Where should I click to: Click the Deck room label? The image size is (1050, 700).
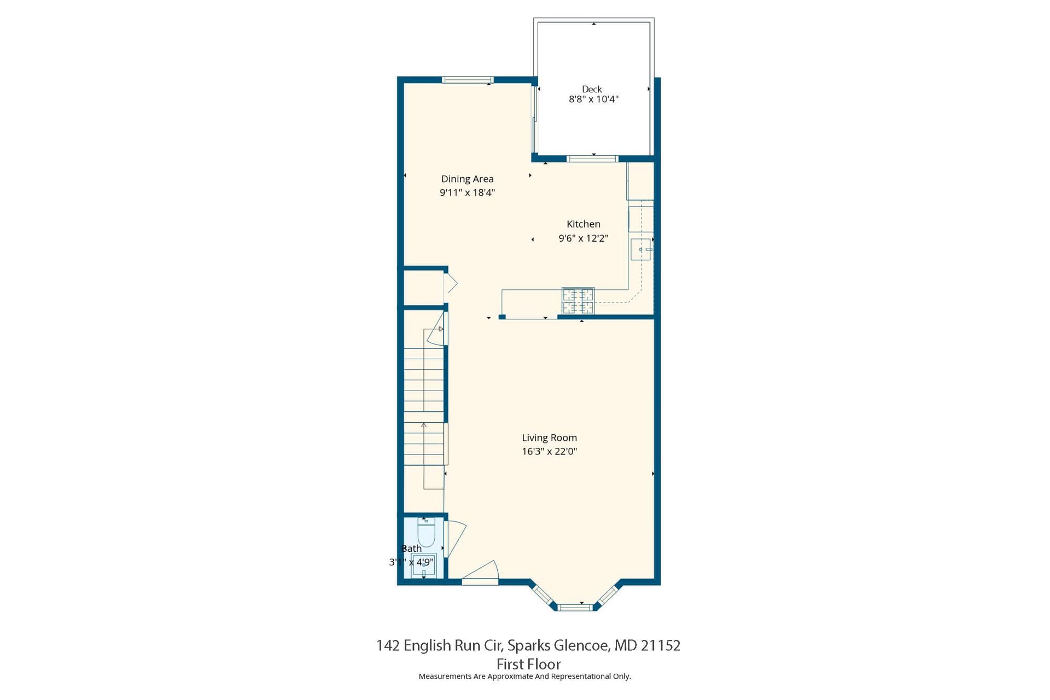592,89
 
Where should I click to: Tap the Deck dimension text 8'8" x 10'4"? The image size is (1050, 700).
593,100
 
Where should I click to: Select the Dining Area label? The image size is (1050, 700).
467,179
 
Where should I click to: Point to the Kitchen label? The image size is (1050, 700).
584,224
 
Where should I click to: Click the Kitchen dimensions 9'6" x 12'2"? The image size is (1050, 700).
584,238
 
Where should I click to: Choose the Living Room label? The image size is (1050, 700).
549,437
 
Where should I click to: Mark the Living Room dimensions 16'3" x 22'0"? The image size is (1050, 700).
549,451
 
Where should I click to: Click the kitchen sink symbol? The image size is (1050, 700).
641,249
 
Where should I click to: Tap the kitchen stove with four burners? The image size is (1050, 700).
578,301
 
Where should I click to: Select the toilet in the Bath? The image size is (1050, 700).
426,532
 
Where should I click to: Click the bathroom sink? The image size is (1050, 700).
424,565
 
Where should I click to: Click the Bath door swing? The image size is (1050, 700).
456,539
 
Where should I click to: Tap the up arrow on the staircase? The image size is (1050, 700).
424,455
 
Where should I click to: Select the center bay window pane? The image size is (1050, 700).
575,606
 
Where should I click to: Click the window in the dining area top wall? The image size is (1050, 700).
468,80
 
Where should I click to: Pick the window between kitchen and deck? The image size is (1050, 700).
592,159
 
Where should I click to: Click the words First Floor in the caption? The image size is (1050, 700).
528,664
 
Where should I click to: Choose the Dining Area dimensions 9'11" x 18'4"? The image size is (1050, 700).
467,192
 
